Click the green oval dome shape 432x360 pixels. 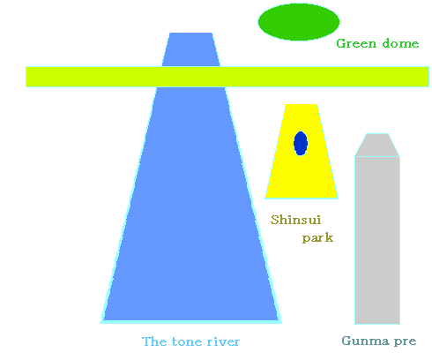point(299,22)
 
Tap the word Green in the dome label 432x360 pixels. point(356,43)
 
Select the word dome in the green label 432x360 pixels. point(400,43)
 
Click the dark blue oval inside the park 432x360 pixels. point(301,143)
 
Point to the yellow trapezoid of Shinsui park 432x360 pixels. point(302,165)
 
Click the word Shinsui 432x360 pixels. point(295,220)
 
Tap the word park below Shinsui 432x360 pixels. point(317,238)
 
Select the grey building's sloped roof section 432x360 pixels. point(377,145)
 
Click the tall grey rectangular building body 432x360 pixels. point(377,240)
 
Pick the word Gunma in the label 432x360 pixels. point(365,341)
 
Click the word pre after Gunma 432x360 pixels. point(406,341)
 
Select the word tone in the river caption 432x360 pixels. point(186,341)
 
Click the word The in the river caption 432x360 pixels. point(154,341)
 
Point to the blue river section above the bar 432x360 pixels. point(191,49)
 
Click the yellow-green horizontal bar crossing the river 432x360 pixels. point(227,77)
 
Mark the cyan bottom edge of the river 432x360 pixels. point(191,322)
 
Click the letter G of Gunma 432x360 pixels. point(346,341)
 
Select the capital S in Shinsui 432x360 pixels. point(274,220)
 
